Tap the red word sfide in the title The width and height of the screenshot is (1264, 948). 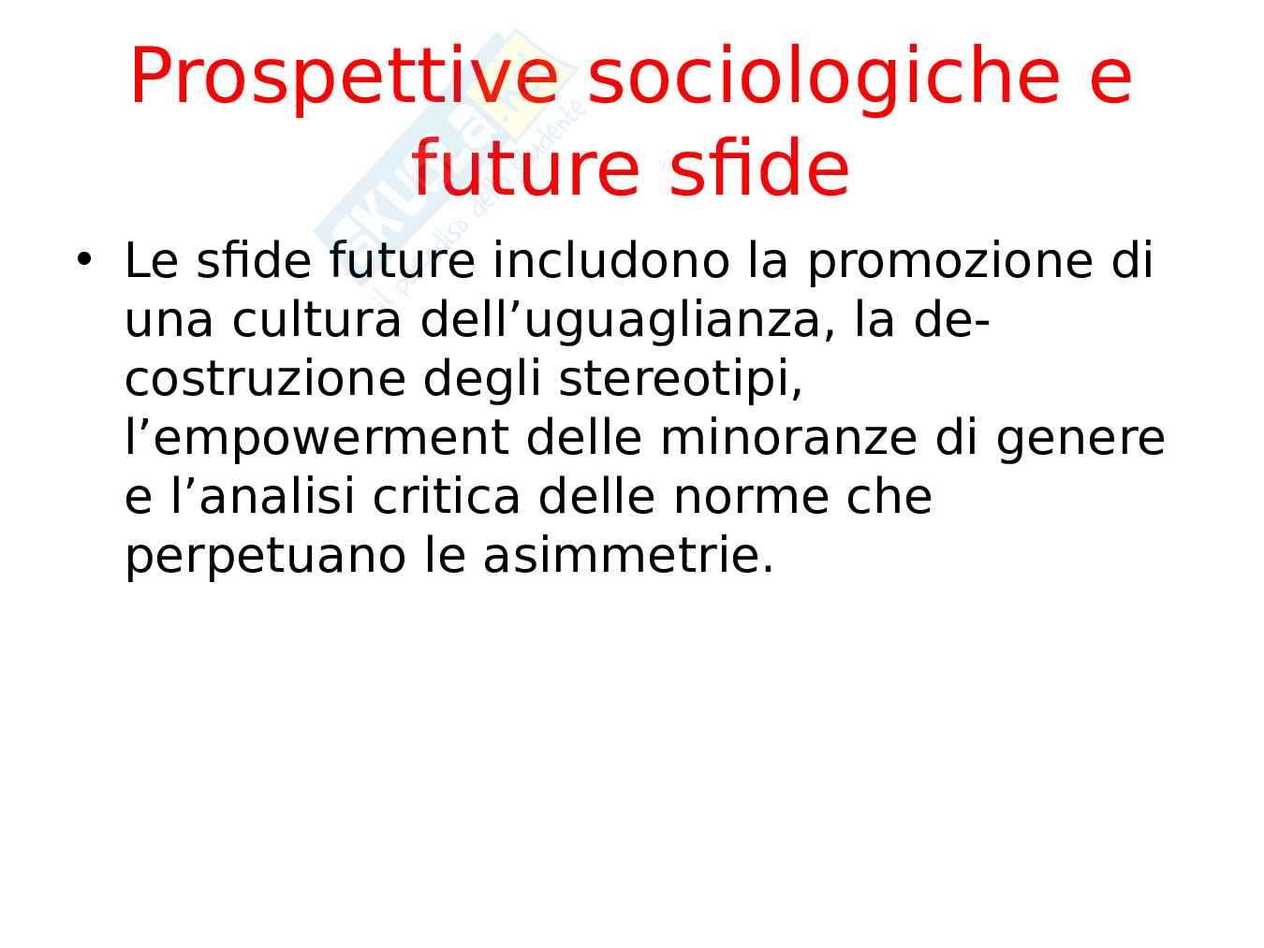click(x=759, y=168)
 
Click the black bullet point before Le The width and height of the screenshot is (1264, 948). click(x=84, y=259)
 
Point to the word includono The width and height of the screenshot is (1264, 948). click(x=611, y=261)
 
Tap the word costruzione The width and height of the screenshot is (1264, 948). click(x=266, y=379)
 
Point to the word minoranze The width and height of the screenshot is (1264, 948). click(x=788, y=438)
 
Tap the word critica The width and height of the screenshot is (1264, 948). click(x=447, y=497)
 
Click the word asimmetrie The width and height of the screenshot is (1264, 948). click(x=628, y=556)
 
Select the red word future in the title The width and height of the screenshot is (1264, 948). click(x=526, y=168)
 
